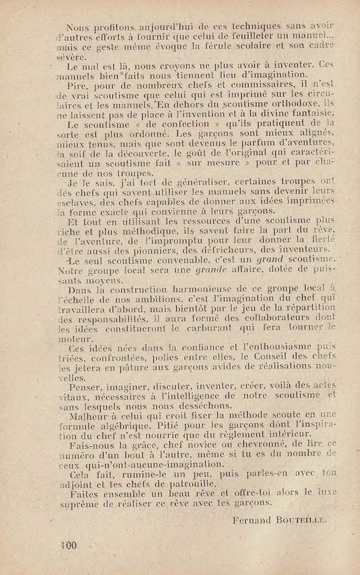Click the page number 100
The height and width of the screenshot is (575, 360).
[68, 546]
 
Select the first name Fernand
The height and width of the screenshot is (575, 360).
[252, 519]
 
